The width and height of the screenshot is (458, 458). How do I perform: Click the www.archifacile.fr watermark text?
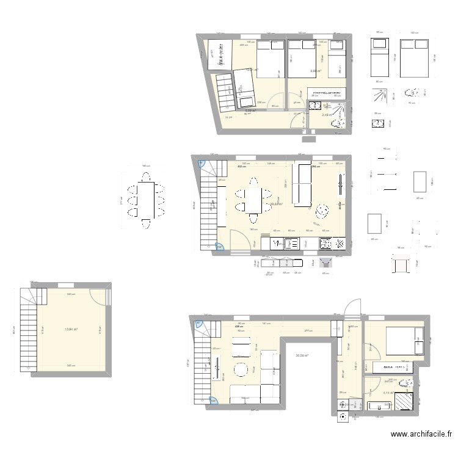coord(421,435)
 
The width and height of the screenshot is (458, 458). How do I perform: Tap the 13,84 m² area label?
coord(73,329)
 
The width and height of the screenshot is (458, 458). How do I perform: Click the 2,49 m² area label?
coord(327,115)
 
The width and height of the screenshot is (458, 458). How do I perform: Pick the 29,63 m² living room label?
coord(277,204)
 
